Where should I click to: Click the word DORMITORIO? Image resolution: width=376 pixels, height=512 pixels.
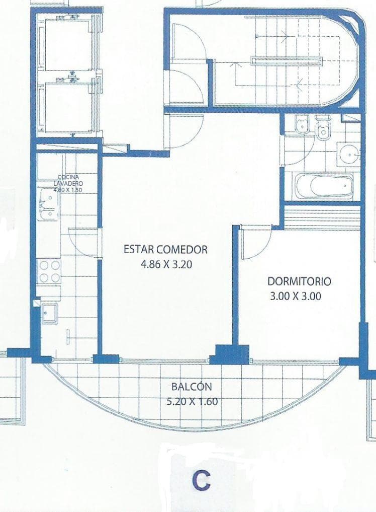click(299, 281)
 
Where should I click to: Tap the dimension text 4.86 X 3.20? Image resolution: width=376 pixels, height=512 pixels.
click(166, 264)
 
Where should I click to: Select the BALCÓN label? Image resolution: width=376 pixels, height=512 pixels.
click(192, 387)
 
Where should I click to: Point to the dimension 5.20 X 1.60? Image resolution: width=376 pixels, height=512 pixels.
click(192, 401)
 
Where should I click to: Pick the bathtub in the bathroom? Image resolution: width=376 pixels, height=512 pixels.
click(324, 186)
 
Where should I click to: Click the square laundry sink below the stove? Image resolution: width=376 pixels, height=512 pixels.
click(50, 313)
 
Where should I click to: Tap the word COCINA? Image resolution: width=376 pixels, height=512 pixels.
click(68, 178)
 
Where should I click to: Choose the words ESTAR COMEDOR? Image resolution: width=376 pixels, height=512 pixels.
click(166, 250)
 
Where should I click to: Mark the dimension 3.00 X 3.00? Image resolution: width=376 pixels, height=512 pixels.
click(296, 296)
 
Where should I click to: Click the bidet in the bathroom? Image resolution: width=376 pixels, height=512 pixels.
click(302, 125)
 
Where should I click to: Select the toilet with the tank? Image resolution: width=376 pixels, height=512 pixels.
click(323, 129)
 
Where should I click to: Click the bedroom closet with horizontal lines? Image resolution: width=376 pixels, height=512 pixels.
click(322, 217)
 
